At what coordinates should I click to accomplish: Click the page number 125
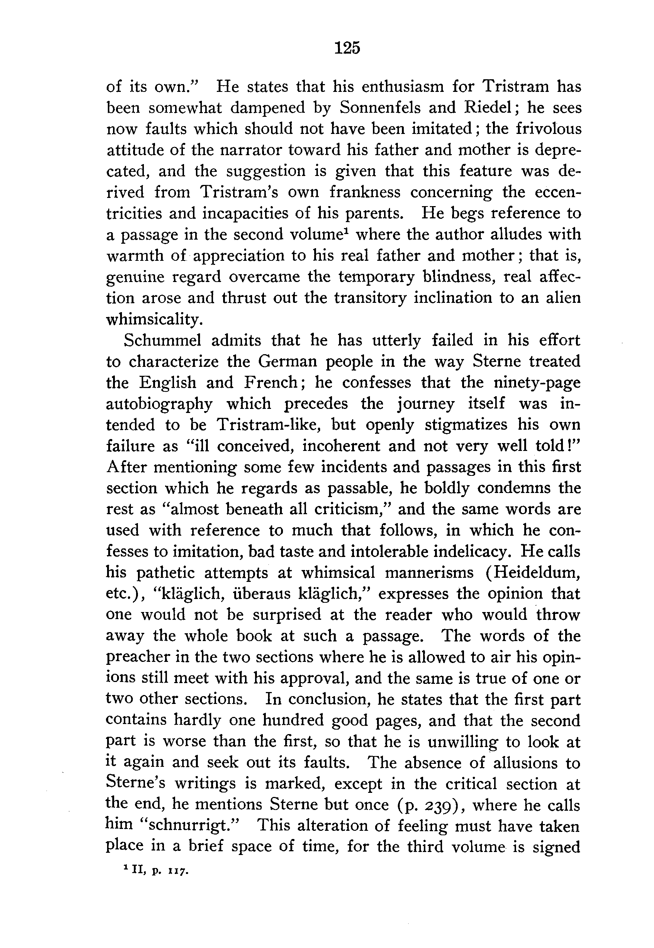347,48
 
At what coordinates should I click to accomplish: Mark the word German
288,361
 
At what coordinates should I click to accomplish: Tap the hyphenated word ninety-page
537,382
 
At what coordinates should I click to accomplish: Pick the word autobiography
159,404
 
